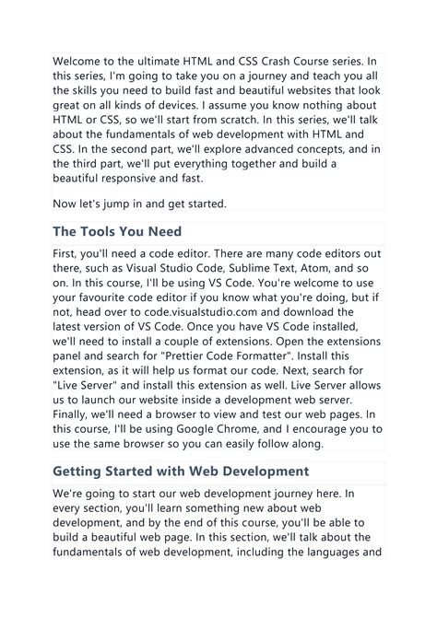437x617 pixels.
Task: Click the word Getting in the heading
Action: [82, 472]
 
